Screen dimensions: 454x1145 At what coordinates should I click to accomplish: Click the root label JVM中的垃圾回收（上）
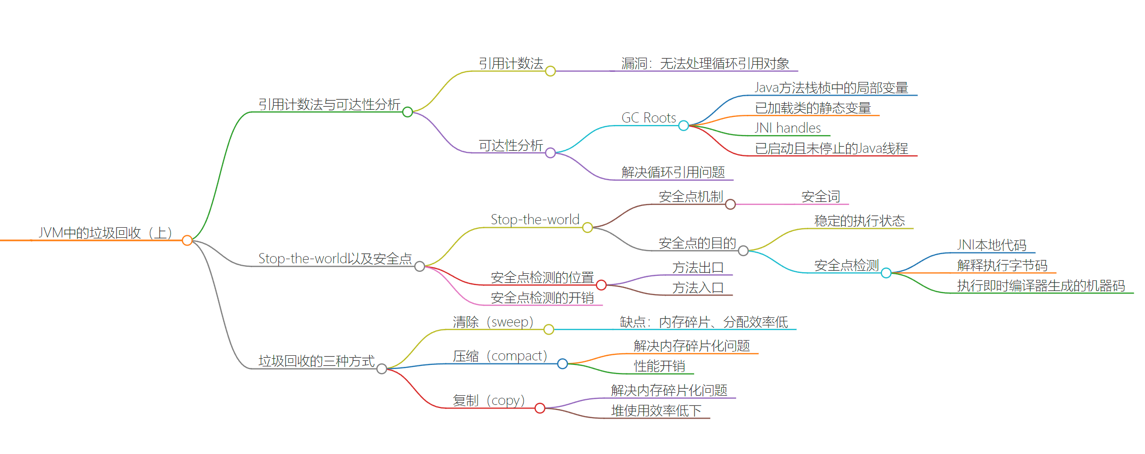coord(106,233)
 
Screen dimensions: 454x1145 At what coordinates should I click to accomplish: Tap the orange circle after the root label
coord(187,240)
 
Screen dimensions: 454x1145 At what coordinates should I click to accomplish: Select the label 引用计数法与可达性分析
coord(329,105)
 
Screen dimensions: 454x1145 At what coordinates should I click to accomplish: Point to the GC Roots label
coord(649,118)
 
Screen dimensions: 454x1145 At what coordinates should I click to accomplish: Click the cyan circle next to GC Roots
coord(684,126)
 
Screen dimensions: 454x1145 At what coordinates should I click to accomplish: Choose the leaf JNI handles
coord(788,128)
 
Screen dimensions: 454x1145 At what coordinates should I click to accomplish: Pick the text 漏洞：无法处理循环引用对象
coord(705,64)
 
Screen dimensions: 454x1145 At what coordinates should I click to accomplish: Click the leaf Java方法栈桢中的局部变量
coord(831,88)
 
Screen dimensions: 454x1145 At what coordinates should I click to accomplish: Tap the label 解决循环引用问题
coord(673,173)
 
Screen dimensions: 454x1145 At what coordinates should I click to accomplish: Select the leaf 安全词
coord(821,197)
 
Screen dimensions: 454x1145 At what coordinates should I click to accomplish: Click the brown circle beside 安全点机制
coord(730,204)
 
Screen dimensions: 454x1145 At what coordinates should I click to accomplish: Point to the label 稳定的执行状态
coord(859,221)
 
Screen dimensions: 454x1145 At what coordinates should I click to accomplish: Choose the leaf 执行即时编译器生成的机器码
coord(1041,286)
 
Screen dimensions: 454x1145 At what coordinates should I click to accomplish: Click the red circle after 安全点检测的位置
coord(601,285)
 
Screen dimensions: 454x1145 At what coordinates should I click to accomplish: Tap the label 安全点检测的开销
coord(542,298)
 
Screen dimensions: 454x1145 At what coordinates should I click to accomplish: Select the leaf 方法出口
coord(698,268)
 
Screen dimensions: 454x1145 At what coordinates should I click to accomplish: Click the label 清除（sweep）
coord(493,322)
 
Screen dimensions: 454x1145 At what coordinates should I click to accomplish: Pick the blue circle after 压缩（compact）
coord(562,364)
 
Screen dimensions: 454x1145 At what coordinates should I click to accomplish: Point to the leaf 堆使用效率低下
coord(656,411)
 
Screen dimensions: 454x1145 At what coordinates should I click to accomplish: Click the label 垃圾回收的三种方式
coord(317,361)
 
